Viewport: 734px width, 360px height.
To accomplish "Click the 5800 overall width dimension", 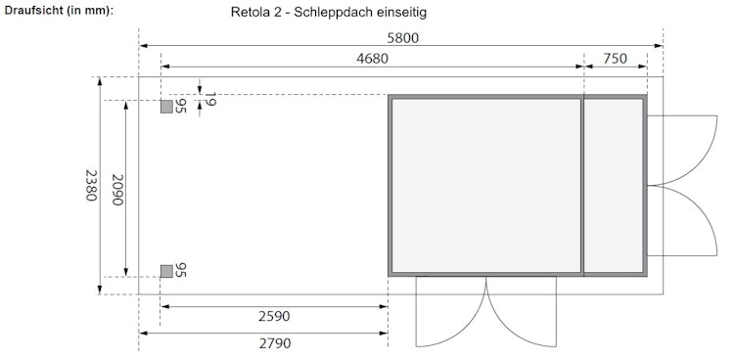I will (402, 36).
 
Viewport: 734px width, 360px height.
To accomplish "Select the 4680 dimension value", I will (372, 58).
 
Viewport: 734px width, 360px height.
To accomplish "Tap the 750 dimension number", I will (615, 58).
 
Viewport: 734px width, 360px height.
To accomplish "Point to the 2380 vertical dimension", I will (90, 185).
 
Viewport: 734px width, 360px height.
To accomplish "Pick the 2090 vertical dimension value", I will (116, 188).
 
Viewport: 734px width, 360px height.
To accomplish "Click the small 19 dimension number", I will (210, 100).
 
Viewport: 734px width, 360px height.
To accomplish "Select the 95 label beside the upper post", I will (181, 107).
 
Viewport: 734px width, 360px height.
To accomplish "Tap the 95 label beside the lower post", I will (181, 270).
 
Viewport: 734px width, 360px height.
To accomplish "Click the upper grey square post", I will (167, 106).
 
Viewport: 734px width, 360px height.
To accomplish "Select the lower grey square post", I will (167, 270).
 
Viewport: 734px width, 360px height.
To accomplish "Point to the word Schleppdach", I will (336, 12).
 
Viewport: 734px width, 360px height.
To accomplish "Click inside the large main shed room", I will (485, 185).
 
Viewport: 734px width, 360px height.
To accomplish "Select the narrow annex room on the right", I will (614, 185).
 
